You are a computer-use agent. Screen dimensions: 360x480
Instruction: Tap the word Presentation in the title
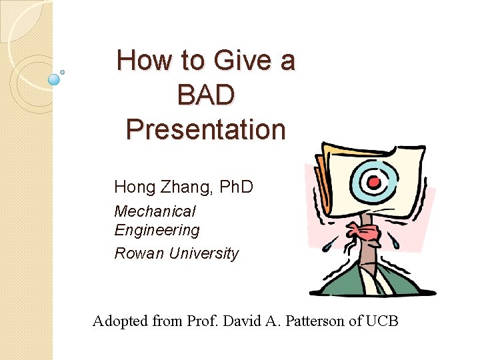click(205, 129)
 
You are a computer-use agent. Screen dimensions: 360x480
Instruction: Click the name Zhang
click(185, 187)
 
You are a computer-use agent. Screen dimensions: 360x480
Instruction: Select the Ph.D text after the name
click(235, 187)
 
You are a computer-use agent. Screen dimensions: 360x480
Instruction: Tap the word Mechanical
click(155, 211)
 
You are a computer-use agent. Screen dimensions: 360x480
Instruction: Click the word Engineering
click(157, 231)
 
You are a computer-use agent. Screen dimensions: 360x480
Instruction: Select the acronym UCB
click(382, 321)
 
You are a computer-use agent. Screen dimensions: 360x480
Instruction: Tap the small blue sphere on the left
click(55, 79)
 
